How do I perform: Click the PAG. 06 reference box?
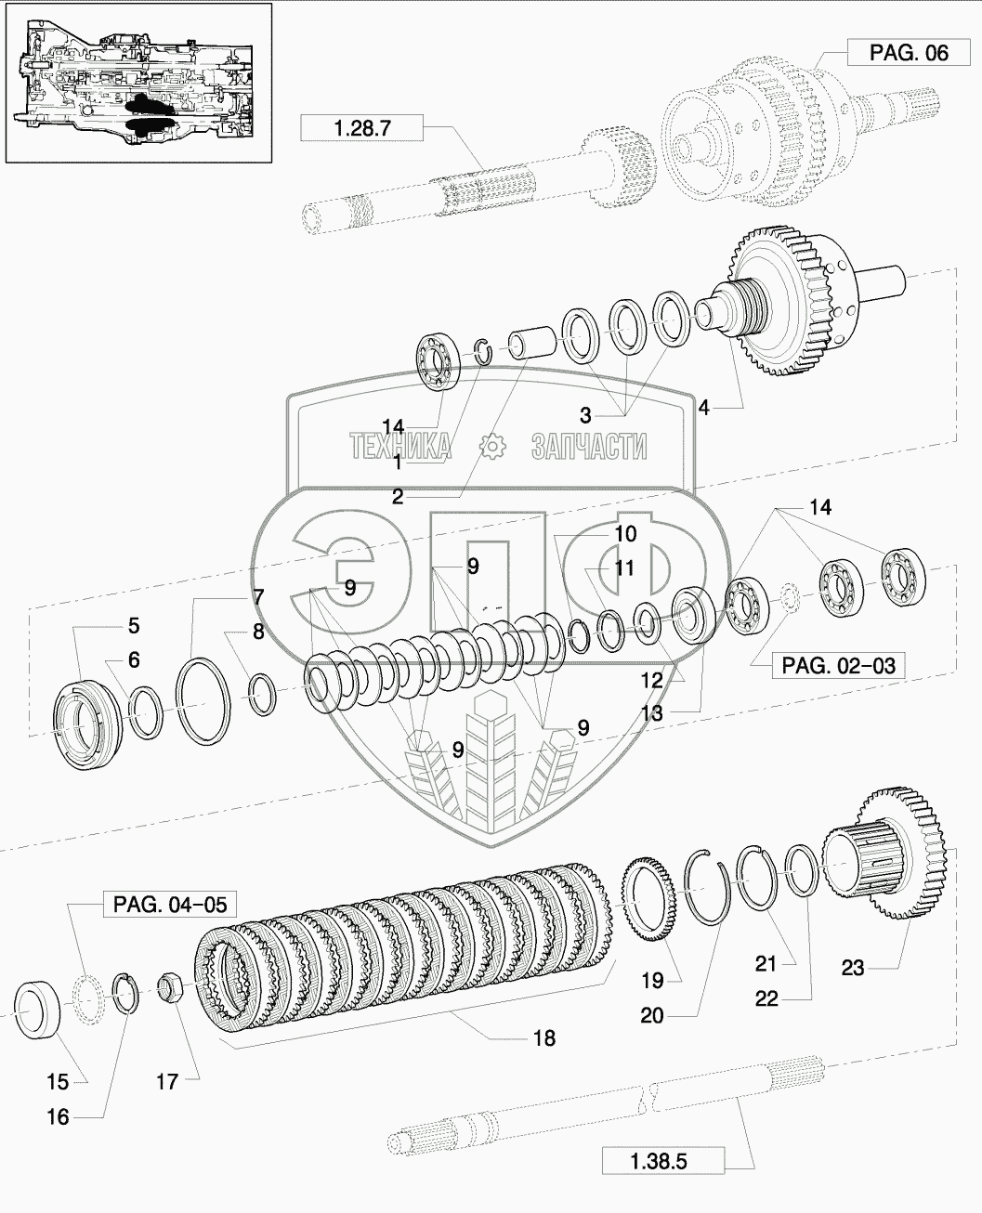click(909, 53)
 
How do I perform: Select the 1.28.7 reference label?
click(361, 127)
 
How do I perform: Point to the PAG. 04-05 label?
click(170, 904)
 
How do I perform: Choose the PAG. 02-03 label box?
click(838, 665)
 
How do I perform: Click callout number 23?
click(853, 968)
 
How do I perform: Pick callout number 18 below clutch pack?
click(544, 1038)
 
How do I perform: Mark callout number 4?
click(704, 408)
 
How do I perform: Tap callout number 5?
click(134, 626)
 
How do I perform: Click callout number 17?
click(167, 1081)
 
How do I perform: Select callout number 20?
click(651, 1016)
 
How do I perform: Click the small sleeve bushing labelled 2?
click(530, 343)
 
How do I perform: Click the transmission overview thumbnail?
click(138, 84)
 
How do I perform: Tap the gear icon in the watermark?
click(492, 447)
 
